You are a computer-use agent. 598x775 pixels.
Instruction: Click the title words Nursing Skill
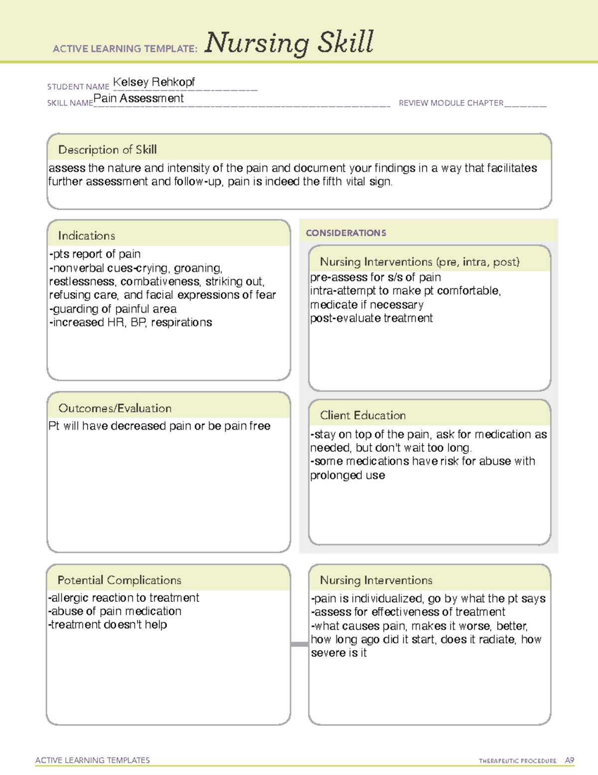(289, 43)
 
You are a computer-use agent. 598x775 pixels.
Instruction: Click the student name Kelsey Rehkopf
(153, 82)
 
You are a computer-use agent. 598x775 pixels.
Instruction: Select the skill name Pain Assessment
(139, 98)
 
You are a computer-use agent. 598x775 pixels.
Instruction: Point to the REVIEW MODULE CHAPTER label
(451, 103)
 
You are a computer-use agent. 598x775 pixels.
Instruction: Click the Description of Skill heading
(107, 150)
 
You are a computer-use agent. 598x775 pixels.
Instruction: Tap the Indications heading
(86, 236)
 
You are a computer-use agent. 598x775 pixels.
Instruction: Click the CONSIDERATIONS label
(346, 233)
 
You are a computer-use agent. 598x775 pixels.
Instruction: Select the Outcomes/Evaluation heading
(115, 408)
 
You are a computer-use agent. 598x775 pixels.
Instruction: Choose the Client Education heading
(362, 415)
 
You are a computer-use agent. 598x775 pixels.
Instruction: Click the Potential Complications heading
(119, 580)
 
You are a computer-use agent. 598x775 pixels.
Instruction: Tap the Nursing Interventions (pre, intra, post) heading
(420, 262)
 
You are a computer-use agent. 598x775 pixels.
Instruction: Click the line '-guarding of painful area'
(113, 309)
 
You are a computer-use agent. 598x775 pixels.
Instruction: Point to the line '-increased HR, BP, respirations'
(131, 322)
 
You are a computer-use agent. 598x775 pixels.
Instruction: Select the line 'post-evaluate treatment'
(371, 318)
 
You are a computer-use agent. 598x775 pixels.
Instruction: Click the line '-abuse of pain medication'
(115, 611)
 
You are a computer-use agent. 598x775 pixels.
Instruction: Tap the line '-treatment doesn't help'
(108, 625)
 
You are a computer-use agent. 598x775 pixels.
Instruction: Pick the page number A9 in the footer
(569, 761)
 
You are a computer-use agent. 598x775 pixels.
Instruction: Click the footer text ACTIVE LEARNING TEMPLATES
(93, 760)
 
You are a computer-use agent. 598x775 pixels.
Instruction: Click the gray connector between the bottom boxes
(299, 644)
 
